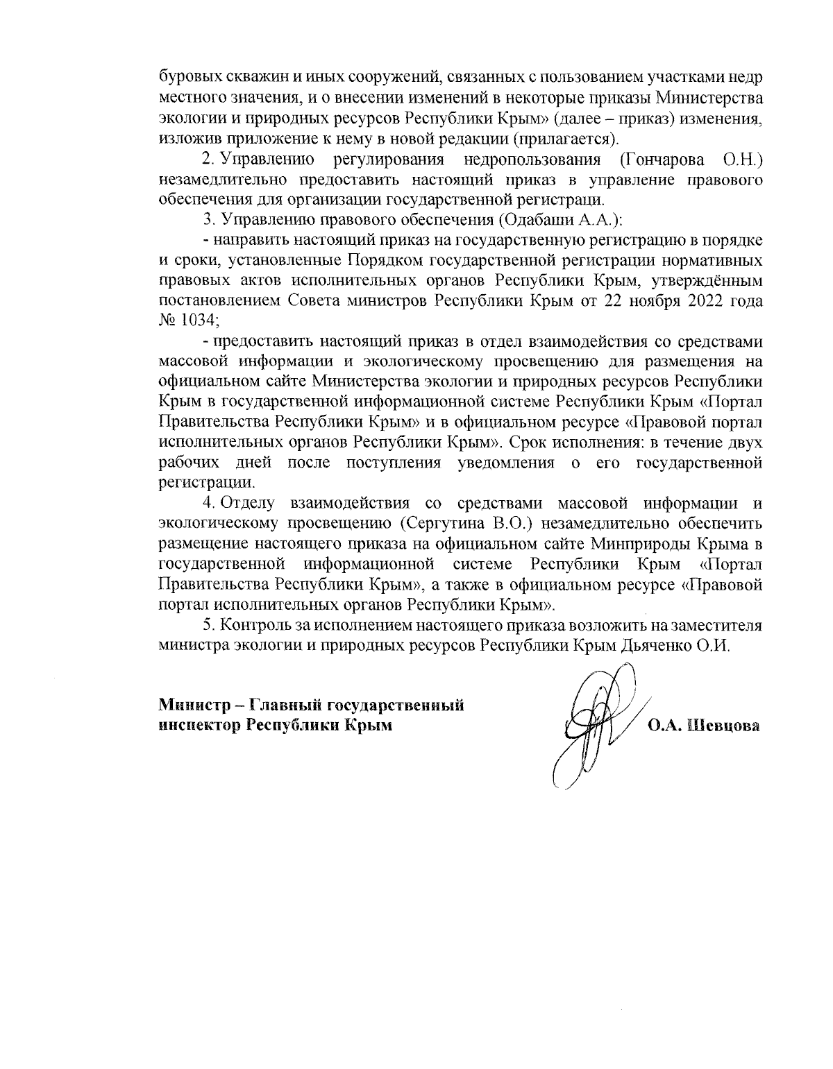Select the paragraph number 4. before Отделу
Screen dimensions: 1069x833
click(x=208, y=501)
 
